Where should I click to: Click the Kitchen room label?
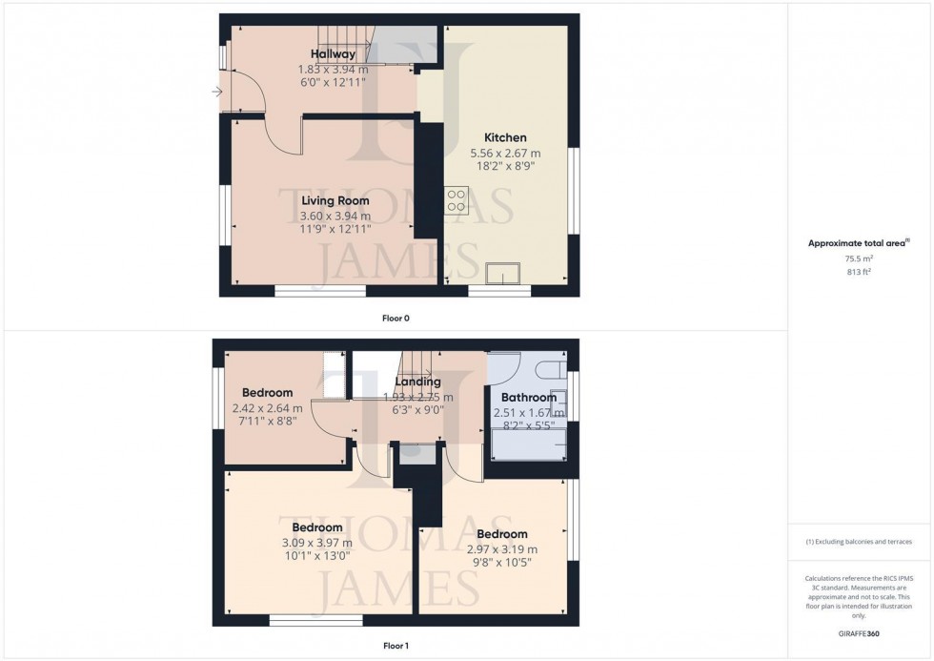(505, 137)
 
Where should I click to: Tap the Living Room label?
(335, 201)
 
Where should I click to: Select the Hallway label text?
(333, 54)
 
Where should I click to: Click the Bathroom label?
(524, 398)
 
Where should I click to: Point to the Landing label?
(417, 382)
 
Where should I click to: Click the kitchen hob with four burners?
(456, 200)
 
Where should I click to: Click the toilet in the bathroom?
(550, 367)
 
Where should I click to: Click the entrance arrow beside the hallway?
(217, 92)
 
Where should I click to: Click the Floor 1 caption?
(396, 646)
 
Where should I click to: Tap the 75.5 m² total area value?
(860, 258)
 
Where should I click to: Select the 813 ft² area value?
(860, 272)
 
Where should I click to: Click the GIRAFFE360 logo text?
(860, 632)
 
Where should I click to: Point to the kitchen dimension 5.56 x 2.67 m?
(505, 153)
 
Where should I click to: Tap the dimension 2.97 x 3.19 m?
(502, 549)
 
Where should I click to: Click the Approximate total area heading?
(858, 243)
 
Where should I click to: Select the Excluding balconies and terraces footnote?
(859, 542)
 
